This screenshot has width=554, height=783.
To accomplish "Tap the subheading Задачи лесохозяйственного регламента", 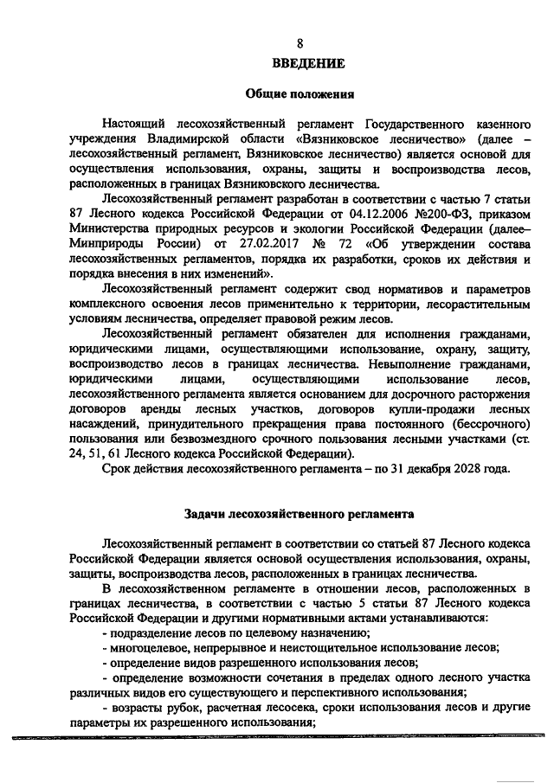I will click(300, 513).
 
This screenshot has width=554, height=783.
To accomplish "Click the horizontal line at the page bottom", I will click(277, 738).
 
